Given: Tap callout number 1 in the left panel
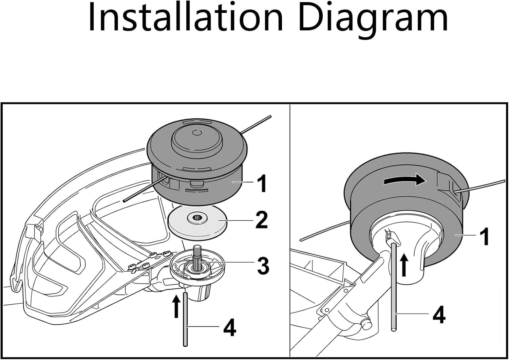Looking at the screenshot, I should tap(262, 183).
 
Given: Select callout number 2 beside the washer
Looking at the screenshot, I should tap(262, 220).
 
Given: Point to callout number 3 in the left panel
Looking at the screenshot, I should tap(263, 265).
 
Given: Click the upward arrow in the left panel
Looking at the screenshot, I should tap(176, 306).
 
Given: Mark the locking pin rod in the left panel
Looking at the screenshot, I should tap(186, 319).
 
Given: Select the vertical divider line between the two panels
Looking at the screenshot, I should tap(290, 231).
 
